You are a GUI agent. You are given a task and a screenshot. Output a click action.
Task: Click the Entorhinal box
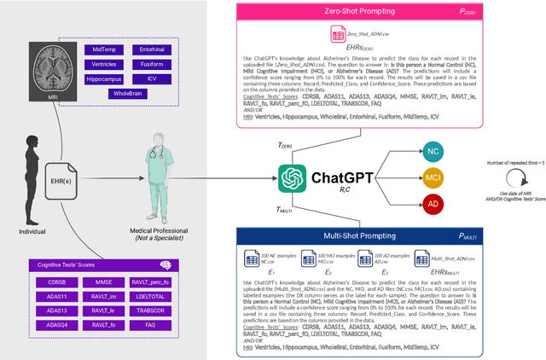(150, 50)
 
